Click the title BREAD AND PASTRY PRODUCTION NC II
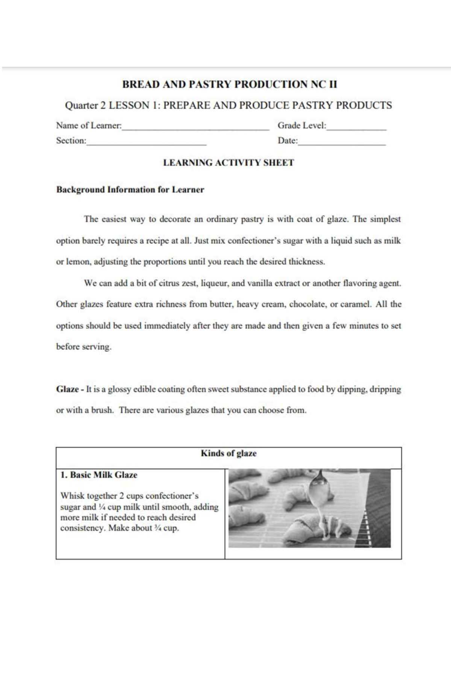229,84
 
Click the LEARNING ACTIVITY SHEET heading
229,163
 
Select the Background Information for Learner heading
130,190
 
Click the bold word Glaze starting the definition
67,389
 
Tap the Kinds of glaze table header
229,453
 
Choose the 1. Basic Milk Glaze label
99,475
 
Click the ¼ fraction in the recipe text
102,507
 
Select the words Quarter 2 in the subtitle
85,105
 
